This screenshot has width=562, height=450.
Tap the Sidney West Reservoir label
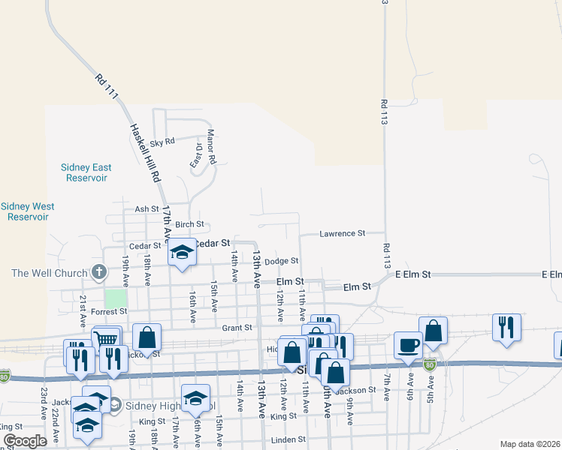pyautogui.click(x=28, y=211)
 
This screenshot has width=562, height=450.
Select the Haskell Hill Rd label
pyautogui.click(x=146, y=153)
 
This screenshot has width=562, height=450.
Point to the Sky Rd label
pyautogui.click(x=162, y=142)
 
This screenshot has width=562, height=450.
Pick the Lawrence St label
pyautogui.click(x=341, y=234)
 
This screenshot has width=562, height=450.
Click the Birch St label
pyautogui.click(x=189, y=224)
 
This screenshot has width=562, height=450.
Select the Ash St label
pyautogui.click(x=147, y=209)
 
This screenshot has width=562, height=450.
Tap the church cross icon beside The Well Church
pyautogui.click(x=98, y=272)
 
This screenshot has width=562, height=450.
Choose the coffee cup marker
pyautogui.click(x=408, y=344)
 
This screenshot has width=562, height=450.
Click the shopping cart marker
pyautogui.click(x=107, y=339)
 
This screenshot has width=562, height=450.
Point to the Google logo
pyautogui.click(x=25, y=440)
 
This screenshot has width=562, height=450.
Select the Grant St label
pyautogui.click(x=236, y=328)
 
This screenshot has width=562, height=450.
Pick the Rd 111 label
pyautogui.click(x=107, y=88)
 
